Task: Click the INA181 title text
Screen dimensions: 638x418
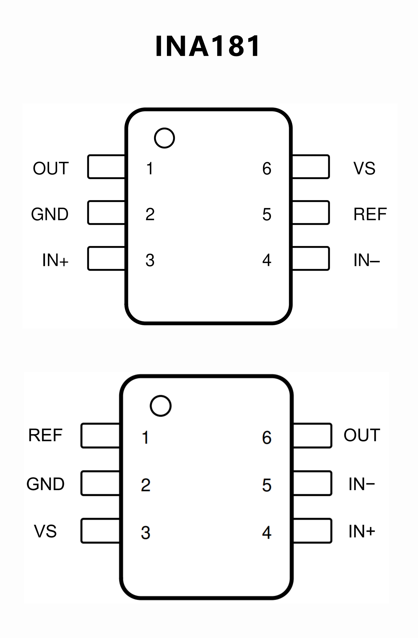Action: tap(208, 46)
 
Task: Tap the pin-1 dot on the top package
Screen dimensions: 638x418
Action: tap(164, 138)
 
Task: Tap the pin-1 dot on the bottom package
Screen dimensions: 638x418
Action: tap(161, 406)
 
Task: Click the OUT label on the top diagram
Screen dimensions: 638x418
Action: tap(51, 168)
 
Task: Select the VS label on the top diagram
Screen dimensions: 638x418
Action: tap(364, 168)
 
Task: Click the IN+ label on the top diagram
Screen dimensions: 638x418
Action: tap(55, 260)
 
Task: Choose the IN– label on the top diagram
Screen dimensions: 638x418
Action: tap(367, 260)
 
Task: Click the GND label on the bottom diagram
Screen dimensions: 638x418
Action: tap(45, 484)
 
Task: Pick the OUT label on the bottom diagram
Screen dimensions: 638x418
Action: tap(362, 435)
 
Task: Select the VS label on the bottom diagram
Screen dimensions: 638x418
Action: tap(45, 531)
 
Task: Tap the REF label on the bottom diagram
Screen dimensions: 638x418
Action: tap(45, 435)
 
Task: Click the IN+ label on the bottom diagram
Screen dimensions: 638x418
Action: tap(362, 531)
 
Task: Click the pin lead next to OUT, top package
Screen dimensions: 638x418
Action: tap(106, 167)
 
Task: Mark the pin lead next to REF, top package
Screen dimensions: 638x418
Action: tap(311, 213)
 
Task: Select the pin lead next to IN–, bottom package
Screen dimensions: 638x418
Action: tap(312, 483)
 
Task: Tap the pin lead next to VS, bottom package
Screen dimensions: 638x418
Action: tap(100, 531)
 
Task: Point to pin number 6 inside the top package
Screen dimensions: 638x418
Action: tap(267, 168)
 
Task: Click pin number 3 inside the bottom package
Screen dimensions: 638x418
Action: tap(146, 533)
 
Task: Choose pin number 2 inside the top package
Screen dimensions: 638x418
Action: tap(150, 214)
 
